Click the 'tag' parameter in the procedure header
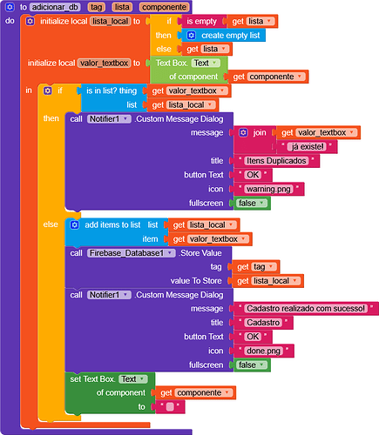(96, 6)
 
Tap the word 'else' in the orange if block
(51, 224)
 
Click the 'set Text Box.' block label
(92, 379)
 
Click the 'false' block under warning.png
(251, 203)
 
